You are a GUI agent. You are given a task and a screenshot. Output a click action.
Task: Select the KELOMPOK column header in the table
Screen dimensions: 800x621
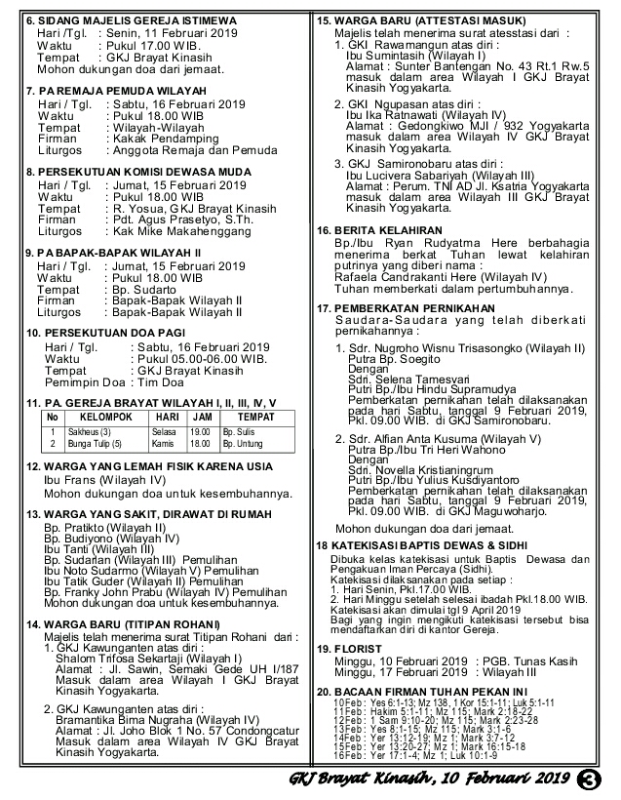[x=98, y=417]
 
